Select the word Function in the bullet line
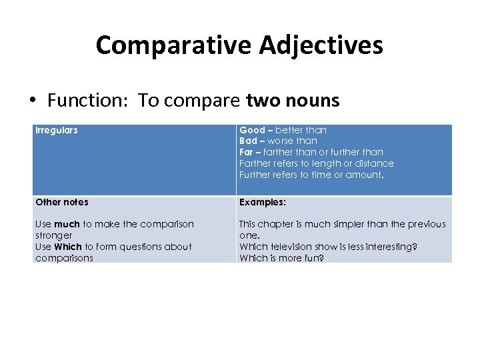point(89,101)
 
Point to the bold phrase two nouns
point(293,101)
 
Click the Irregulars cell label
point(56,130)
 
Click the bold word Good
point(252,130)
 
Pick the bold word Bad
point(248,141)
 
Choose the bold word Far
point(246,152)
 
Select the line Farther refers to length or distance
point(316,163)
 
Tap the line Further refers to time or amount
point(310,175)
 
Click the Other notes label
point(61,202)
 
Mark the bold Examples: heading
point(262,202)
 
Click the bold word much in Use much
point(67,224)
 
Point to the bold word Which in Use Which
point(68,247)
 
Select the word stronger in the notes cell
point(53,235)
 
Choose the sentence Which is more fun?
point(281,258)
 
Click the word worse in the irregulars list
point(281,141)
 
